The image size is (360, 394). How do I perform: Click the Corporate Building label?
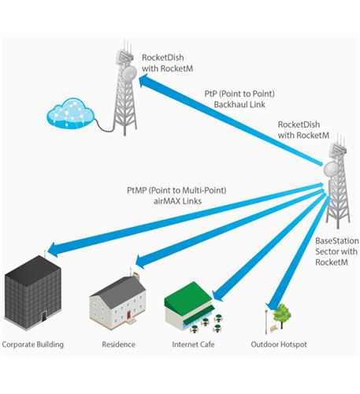click(33, 344)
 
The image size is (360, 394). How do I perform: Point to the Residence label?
click(118, 344)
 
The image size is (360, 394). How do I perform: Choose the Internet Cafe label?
click(193, 344)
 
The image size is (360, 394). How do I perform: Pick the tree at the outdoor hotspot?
click(282, 313)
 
